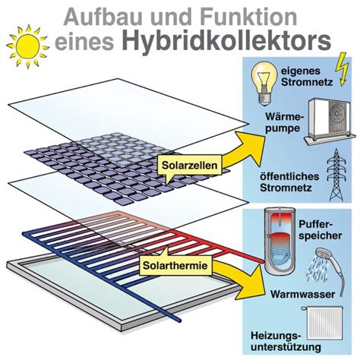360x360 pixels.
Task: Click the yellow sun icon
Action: click(x=27, y=46)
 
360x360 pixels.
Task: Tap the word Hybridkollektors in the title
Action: click(x=226, y=41)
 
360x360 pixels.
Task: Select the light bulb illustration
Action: click(x=264, y=83)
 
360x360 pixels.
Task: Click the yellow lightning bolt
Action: click(x=342, y=69)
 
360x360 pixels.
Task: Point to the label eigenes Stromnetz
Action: click(x=307, y=77)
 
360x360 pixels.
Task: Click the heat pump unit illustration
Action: click(x=328, y=122)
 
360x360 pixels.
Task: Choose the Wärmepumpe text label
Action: click(x=284, y=122)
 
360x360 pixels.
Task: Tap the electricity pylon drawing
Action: click(x=336, y=175)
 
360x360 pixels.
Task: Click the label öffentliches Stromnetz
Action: click(x=289, y=182)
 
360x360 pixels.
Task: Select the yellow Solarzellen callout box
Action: click(x=190, y=166)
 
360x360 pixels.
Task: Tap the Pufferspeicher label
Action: click(x=321, y=230)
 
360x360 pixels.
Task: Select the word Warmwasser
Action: click(x=302, y=294)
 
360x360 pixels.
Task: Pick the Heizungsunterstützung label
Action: click(x=286, y=341)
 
